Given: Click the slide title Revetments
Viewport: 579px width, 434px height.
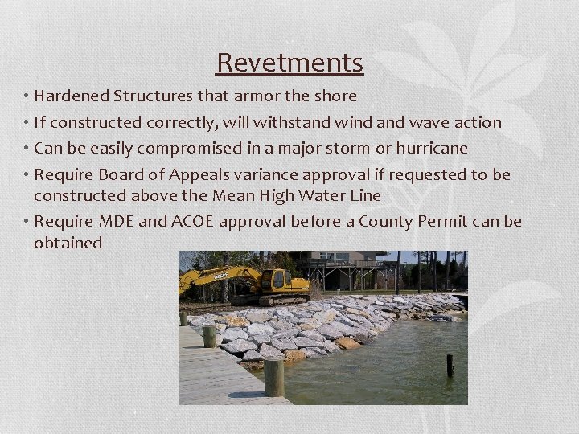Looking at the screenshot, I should point(289,62).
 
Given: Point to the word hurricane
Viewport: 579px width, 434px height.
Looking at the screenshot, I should point(429,149).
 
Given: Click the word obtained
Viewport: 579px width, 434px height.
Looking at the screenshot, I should point(68,242).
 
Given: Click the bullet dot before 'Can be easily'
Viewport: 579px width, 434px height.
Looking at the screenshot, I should point(27,149).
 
